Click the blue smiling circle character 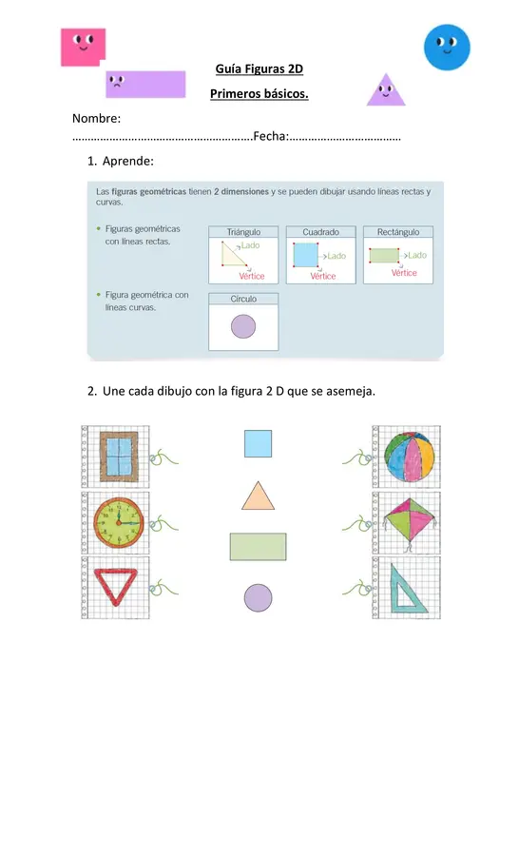(x=447, y=47)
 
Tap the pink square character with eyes (x=83, y=47)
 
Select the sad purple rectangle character (x=145, y=84)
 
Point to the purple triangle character (x=386, y=89)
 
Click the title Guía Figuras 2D (x=259, y=68)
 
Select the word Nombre (x=97, y=119)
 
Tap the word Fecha (x=271, y=136)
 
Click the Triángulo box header (x=243, y=232)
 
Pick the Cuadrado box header (x=321, y=232)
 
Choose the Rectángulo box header (x=398, y=232)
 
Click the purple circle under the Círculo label (x=243, y=326)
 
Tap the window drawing (x=119, y=457)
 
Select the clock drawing (x=119, y=522)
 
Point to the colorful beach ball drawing (x=410, y=457)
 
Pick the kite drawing (x=410, y=522)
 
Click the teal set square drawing (x=407, y=589)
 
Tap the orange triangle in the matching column (x=259, y=496)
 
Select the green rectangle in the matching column (x=259, y=547)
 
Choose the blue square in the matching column (x=259, y=443)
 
